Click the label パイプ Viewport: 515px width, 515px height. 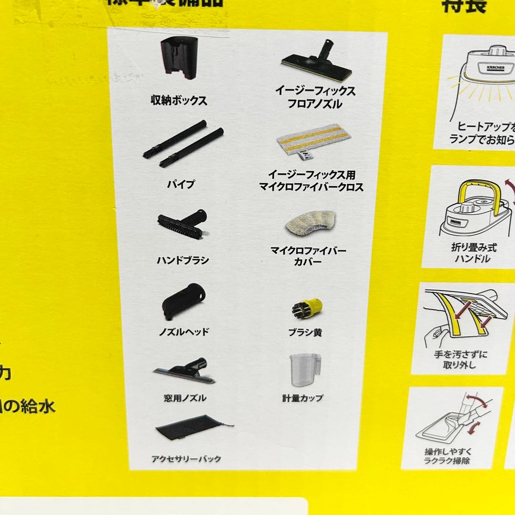click(182, 184)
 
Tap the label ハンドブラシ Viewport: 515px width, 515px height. click(183, 260)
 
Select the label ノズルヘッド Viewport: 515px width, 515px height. click(184, 332)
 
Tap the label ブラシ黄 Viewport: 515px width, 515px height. click(305, 332)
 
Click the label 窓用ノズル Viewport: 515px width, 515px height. click(185, 398)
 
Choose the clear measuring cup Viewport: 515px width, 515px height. click(305, 370)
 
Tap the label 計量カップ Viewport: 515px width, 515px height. click(302, 398)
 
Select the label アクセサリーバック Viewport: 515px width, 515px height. click(186, 459)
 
